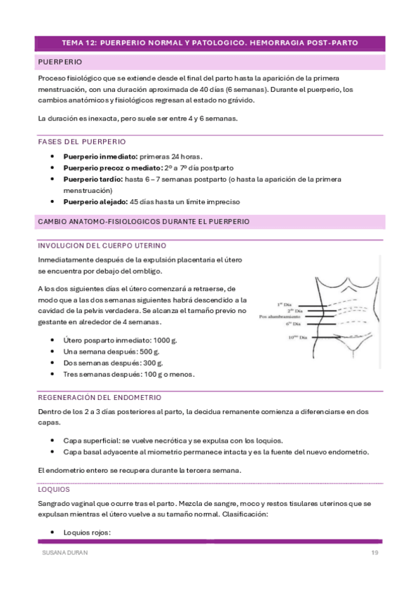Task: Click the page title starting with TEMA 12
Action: [x=210, y=43]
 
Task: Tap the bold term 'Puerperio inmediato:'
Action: [x=101, y=156]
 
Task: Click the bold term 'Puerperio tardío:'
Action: [x=93, y=180]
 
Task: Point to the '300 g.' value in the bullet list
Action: [x=151, y=363]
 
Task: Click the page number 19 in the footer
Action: [x=375, y=554]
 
